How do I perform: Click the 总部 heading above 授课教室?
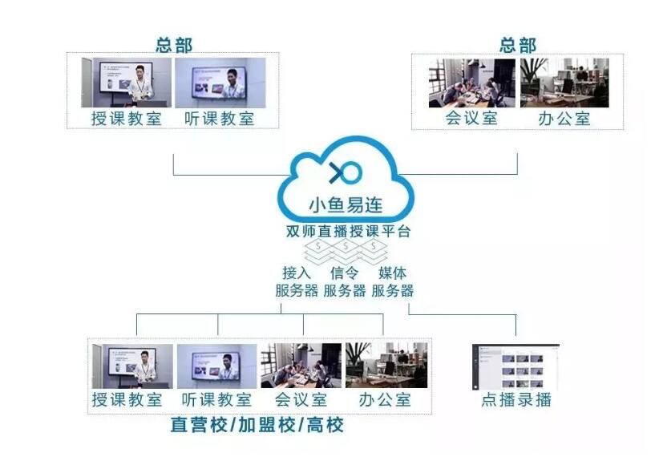click(x=173, y=44)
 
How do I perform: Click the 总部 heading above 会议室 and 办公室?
click(x=517, y=44)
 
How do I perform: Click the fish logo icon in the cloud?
click(x=346, y=172)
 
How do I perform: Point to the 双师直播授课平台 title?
click(x=346, y=232)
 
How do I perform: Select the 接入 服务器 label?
click(x=296, y=281)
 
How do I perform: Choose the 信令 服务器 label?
click(x=345, y=281)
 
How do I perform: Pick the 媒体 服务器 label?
click(x=392, y=281)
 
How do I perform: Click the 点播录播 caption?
click(x=516, y=399)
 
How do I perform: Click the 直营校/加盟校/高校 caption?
click(x=257, y=425)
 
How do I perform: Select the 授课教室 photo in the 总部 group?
click(x=127, y=83)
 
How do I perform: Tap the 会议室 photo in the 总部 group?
click(x=472, y=83)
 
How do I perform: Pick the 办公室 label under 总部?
click(x=564, y=119)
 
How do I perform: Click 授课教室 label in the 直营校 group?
click(x=127, y=399)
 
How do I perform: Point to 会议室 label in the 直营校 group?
click(x=301, y=399)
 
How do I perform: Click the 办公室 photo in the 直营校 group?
click(x=386, y=366)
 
